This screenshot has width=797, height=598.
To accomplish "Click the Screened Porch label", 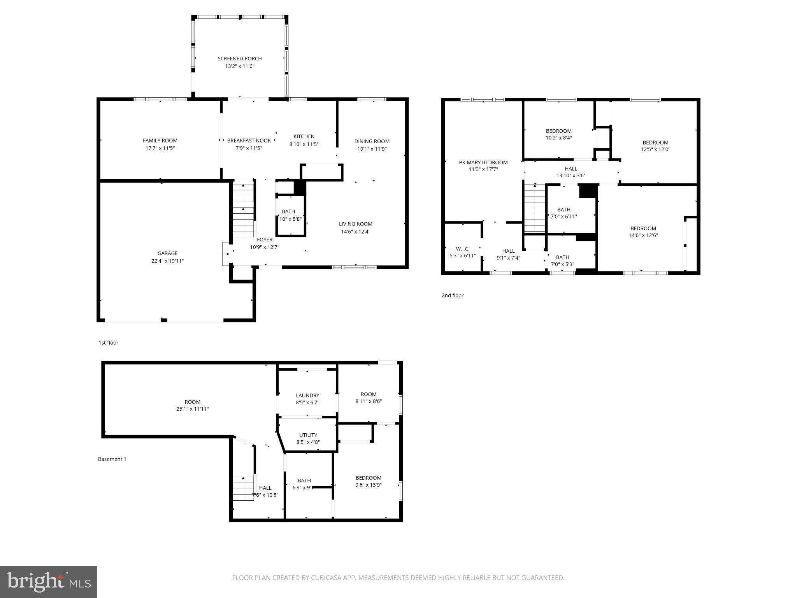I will [239, 59].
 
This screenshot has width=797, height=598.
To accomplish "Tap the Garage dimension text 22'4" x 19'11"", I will [167, 261].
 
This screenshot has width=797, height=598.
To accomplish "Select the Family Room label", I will [160, 141].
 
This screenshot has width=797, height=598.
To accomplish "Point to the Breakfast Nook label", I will [249, 141].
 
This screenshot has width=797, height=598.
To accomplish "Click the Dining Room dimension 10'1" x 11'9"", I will [372, 149].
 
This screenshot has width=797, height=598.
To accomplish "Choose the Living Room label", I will [355, 224].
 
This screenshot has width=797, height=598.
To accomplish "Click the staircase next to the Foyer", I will [243, 210].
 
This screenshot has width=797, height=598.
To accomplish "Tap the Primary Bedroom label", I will [483, 162].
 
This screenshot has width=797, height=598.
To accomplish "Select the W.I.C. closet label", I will [462, 249].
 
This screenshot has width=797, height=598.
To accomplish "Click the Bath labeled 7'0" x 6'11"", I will [564, 213].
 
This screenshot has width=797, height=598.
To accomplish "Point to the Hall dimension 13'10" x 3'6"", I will [571, 176].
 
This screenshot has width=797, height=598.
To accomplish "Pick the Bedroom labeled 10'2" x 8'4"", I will [558, 134].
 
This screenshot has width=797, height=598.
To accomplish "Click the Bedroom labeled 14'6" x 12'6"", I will [643, 232].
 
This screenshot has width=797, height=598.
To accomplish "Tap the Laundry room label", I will [307, 396].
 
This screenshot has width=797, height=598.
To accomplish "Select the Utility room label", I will [308, 435].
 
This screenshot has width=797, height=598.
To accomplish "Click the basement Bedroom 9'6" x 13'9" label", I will [368, 481].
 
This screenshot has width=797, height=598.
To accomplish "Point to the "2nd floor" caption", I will [452, 295].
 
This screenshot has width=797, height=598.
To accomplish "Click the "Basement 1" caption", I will [112, 459].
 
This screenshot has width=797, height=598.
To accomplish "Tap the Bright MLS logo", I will [49, 582].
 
